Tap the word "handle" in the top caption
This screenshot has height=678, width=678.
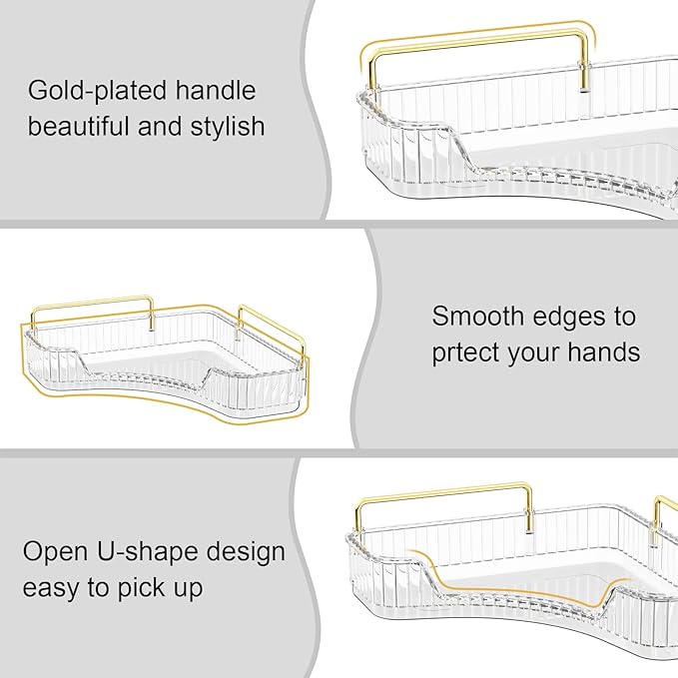209,92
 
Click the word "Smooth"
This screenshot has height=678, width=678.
477,318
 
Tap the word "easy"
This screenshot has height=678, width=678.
56,588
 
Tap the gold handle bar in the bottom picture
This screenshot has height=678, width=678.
443,492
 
